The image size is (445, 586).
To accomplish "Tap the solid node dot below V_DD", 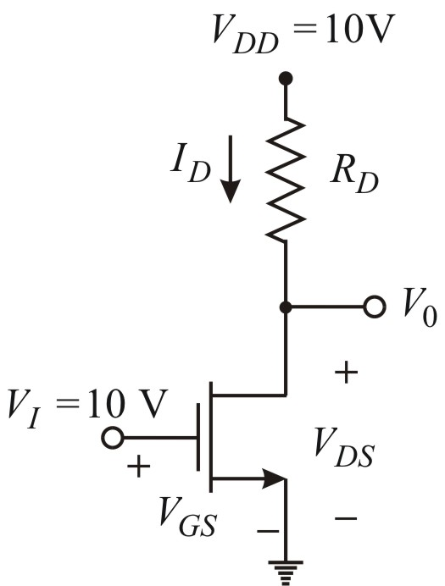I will (286, 79).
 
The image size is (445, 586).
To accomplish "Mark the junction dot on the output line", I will (286, 307).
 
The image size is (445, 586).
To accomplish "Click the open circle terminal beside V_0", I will (373, 307).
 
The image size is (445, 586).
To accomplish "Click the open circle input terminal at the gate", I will (113, 438).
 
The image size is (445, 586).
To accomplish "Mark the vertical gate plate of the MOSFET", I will (201, 438).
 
